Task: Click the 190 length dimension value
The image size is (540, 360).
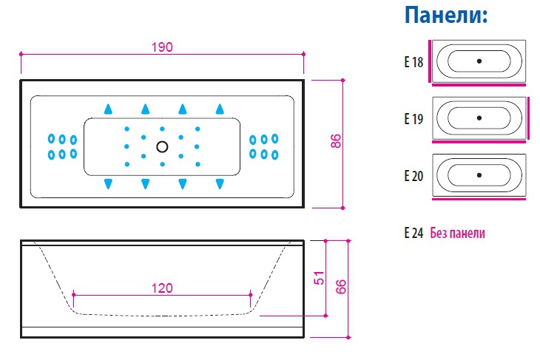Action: click(x=162, y=47)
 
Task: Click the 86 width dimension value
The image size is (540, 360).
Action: click(x=335, y=142)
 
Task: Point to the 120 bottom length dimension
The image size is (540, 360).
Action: click(x=163, y=288)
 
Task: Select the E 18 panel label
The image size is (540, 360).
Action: click(x=414, y=63)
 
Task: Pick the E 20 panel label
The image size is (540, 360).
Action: click(x=414, y=176)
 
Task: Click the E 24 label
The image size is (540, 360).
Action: click(x=414, y=233)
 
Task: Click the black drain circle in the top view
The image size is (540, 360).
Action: click(x=163, y=146)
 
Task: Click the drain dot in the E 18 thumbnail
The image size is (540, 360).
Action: click(x=479, y=61)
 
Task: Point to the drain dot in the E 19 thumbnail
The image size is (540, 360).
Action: click(x=479, y=117)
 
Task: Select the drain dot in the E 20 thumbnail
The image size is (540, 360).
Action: click(x=479, y=174)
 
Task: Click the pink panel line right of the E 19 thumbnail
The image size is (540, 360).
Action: click(x=530, y=117)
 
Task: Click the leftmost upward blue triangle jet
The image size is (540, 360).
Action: click(x=108, y=109)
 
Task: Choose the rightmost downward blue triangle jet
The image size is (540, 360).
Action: click(x=220, y=183)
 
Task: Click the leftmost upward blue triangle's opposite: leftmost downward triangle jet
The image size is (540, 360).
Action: click(x=108, y=183)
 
